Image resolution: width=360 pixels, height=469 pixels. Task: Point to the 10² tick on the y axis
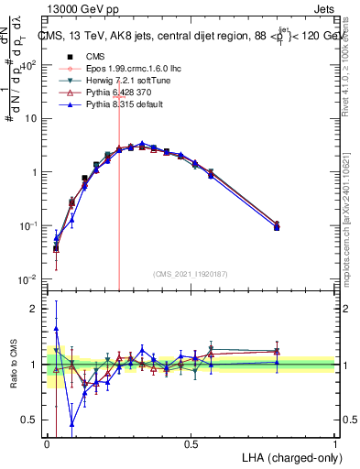pyautogui.click(x=29, y=65)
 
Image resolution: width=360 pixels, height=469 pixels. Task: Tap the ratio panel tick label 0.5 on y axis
pyautogui.click(x=27, y=420)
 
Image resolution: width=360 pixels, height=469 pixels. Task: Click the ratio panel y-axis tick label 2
pyautogui.click(x=32, y=309)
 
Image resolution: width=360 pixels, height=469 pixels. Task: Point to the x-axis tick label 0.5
pyautogui.click(x=191, y=444)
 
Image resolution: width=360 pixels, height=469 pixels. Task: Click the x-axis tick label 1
pyautogui.click(x=334, y=444)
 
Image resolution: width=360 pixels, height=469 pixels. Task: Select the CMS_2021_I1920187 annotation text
pyautogui.click(x=191, y=274)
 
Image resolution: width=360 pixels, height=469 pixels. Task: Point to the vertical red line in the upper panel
pyautogui.click(x=119, y=183)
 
